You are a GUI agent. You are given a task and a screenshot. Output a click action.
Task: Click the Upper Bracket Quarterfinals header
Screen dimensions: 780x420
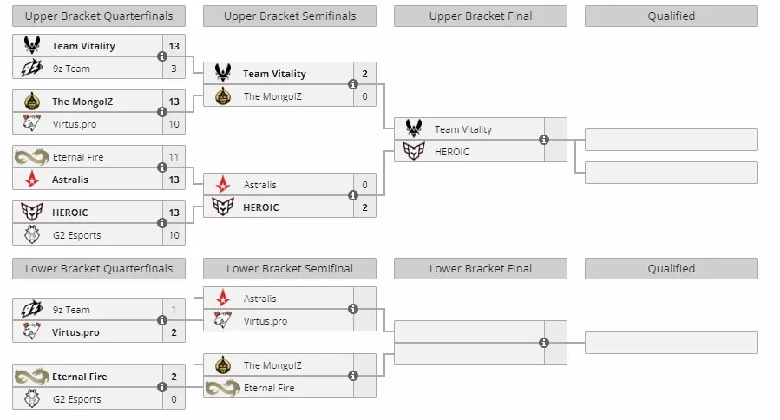pyautogui.click(x=99, y=16)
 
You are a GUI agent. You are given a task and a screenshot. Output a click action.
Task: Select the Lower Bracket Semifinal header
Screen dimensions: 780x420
pyautogui.click(x=290, y=269)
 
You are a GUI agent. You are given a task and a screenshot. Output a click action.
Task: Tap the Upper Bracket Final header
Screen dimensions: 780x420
pyautogui.click(x=481, y=16)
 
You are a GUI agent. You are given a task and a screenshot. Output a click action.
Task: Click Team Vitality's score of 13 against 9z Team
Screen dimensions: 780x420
pyautogui.click(x=174, y=46)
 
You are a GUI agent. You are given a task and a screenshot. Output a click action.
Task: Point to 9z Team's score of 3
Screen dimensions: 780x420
pyautogui.click(x=174, y=69)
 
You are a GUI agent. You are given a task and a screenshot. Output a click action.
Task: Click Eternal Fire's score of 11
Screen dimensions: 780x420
pyautogui.click(x=174, y=157)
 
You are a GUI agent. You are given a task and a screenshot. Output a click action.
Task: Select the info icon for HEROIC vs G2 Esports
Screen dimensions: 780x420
pyautogui.click(x=162, y=223)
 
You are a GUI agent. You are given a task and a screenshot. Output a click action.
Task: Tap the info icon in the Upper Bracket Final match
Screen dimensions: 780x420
pyautogui.click(x=544, y=140)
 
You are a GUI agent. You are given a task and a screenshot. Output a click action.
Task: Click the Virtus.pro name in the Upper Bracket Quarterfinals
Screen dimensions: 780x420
pyautogui.click(x=75, y=124)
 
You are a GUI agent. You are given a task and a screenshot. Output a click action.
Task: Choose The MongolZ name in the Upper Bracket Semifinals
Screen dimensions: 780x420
pyautogui.click(x=272, y=96)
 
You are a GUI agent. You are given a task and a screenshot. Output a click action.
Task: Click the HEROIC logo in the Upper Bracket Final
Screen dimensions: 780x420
pyautogui.click(x=414, y=151)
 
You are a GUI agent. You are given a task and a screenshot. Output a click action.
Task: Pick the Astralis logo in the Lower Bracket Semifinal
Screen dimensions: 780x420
pyautogui.click(x=223, y=299)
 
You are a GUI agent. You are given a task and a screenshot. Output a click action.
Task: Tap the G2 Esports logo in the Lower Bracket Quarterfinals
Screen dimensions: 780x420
pyautogui.click(x=32, y=398)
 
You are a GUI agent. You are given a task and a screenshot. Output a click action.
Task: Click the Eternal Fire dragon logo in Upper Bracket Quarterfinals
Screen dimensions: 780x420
pyautogui.click(x=32, y=157)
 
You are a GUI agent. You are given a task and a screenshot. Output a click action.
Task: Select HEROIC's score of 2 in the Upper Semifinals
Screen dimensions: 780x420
pyautogui.click(x=364, y=207)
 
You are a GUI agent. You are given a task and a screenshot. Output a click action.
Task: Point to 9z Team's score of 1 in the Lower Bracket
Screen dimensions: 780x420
pyautogui.click(x=174, y=310)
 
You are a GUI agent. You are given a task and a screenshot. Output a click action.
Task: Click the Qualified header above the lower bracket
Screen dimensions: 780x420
pyautogui.click(x=672, y=269)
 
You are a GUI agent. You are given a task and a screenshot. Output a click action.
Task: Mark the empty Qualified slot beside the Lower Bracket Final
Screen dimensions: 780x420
pyautogui.click(x=672, y=343)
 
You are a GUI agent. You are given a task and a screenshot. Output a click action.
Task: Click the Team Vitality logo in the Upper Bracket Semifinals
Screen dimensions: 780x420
pyautogui.click(x=223, y=73)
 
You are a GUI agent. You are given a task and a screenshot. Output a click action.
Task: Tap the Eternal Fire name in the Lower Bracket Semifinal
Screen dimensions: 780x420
pyautogui.click(x=269, y=388)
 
